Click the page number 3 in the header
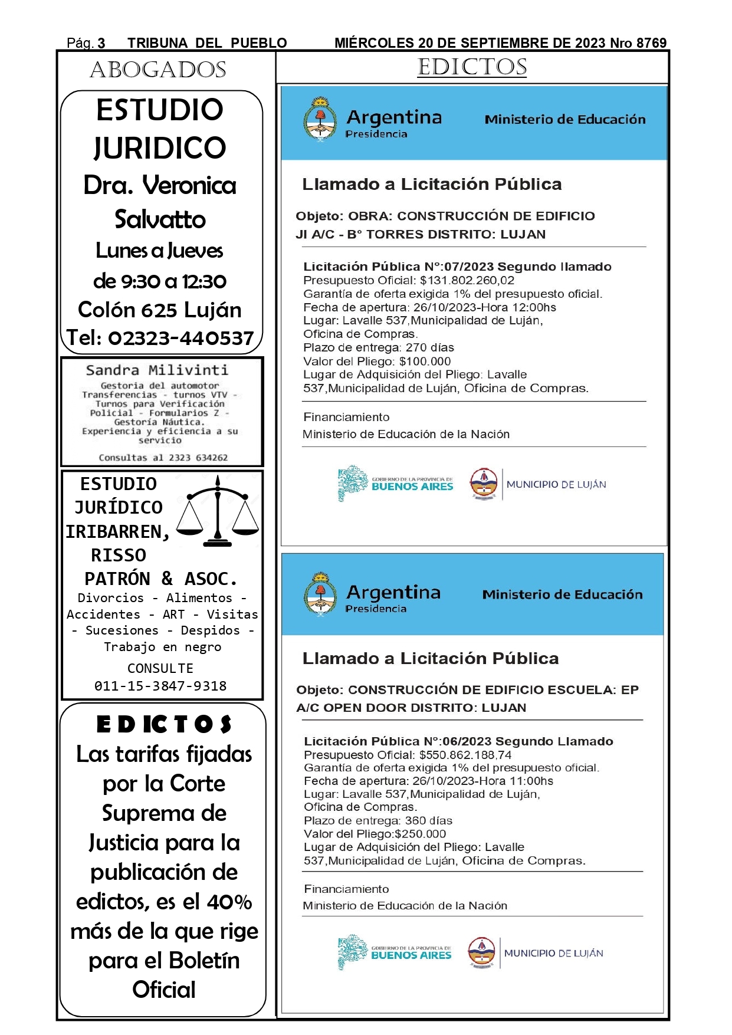(x=101, y=43)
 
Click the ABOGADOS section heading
(x=158, y=70)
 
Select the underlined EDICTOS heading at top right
(x=472, y=67)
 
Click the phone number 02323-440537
(x=180, y=338)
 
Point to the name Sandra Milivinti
(x=157, y=370)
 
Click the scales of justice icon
(x=218, y=511)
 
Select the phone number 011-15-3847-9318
(x=160, y=686)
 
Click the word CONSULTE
(x=160, y=668)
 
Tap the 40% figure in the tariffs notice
(x=229, y=902)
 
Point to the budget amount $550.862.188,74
(x=465, y=755)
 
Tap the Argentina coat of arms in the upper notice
(x=320, y=119)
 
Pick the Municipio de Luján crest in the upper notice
(x=484, y=484)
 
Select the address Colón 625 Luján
(x=160, y=310)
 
